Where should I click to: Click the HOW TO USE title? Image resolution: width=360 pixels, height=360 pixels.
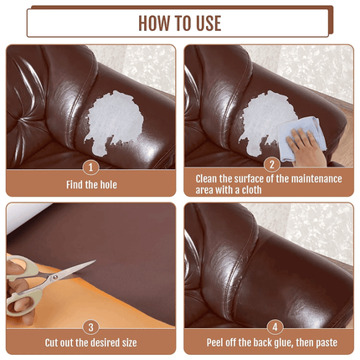pos(179,23)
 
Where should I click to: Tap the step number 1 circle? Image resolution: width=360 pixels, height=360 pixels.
pos(91,166)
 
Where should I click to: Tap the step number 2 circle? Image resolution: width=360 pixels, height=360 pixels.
pos(270,166)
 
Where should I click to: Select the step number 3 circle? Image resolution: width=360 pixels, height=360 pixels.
pos(91,326)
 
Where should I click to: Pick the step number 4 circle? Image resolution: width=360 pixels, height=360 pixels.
pos(270,326)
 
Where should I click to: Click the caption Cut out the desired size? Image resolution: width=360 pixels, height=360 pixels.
pos(91,342)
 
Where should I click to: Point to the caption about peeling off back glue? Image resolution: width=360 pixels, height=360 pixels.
pos(270,342)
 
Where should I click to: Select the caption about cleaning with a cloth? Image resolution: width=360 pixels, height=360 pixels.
pos(270,183)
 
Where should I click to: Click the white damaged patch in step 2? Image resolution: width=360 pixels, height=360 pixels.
pos(268,117)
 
